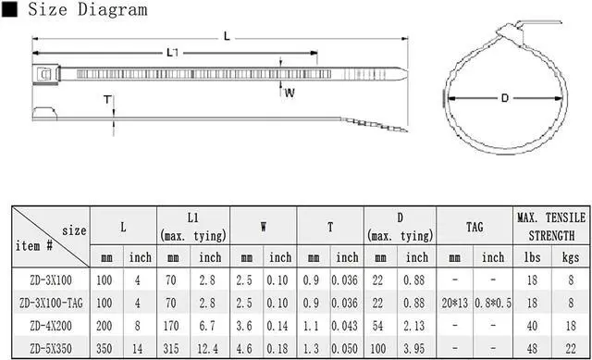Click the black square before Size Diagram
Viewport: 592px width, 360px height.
pos(9,9)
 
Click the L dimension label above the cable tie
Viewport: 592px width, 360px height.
pos(227,36)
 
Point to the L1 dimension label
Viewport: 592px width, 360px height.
pos(172,53)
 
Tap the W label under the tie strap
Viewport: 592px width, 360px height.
pos(290,93)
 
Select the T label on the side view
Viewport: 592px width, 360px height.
pos(107,100)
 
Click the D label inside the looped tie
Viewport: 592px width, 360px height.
pos(505,98)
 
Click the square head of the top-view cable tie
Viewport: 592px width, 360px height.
pos(46,74)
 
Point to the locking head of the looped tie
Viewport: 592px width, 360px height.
pos(510,31)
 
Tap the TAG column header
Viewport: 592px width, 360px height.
pos(475,227)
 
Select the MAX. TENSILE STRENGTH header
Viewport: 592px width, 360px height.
pos(551,227)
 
